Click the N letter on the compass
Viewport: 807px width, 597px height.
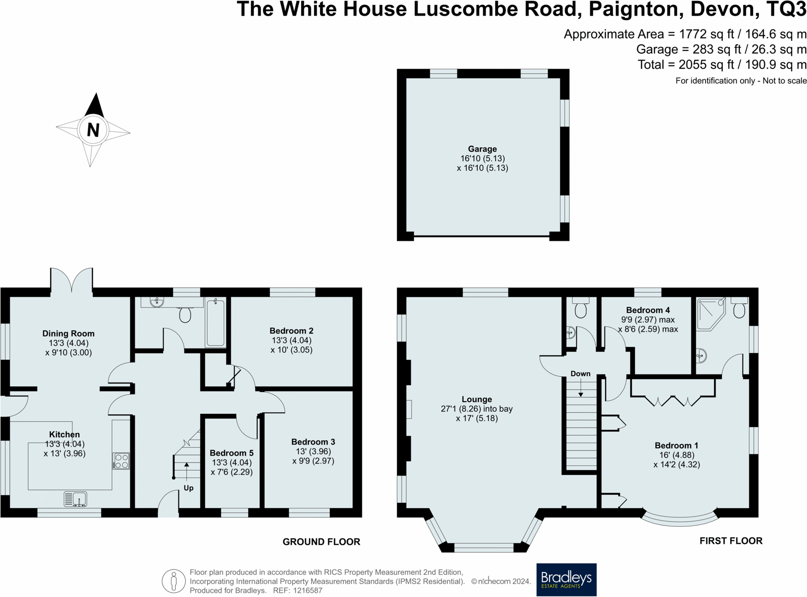(x=93, y=130)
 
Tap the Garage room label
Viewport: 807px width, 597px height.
(x=482, y=149)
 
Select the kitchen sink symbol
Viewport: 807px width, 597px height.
(x=75, y=499)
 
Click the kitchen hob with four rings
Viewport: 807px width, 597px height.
(x=121, y=461)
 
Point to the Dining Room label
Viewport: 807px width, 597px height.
(x=68, y=333)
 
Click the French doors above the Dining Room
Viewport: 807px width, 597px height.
(x=72, y=280)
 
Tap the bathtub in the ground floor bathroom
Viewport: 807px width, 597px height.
(x=215, y=322)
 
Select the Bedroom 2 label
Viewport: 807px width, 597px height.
(x=291, y=331)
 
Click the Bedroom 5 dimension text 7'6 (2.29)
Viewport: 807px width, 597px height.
(x=231, y=472)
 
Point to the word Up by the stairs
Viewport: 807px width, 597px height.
(x=188, y=488)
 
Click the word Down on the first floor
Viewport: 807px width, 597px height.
(x=580, y=373)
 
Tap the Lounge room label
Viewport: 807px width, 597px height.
(x=477, y=399)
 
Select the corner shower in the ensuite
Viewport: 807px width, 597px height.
(x=710, y=314)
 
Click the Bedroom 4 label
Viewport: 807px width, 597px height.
(x=648, y=310)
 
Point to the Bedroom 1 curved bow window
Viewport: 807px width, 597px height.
(x=679, y=520)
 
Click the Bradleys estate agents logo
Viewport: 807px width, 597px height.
(x=566, y=579)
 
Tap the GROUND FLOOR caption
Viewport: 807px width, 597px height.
(x=321, y=542)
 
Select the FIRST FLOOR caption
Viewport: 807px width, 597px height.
(x=730, y=541)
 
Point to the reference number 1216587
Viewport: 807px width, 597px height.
(x=304, y=591)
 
